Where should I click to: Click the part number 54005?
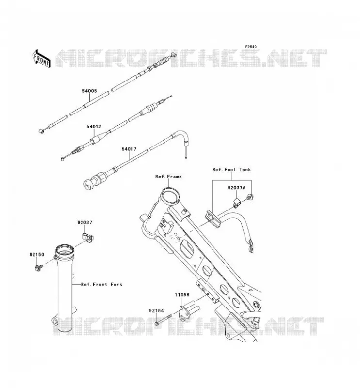click(x=89, y=91)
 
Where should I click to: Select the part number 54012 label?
click(x=94, y=126)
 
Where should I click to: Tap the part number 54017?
click(x=129, y=149)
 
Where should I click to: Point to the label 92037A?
click(x=236, y=188)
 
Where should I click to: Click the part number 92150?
click(x=37, y=254)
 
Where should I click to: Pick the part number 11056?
click(x=182, y=295)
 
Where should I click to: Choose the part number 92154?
click(x=156, y=310)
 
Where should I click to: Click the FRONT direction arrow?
click(x=42, y=59)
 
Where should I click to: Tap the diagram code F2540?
click(x=251, y=47)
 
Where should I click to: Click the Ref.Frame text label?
click(x=168, y=177)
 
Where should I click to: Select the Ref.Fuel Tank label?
click(x=232, y=169)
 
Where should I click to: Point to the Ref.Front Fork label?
click(x=102, y=284)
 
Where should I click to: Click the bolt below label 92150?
click(x=39, y=268)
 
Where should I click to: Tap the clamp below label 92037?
click(x=88, y=237)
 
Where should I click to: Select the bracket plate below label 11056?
click(x=184, y=313)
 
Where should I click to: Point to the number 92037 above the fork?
click(x=85, y=222)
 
